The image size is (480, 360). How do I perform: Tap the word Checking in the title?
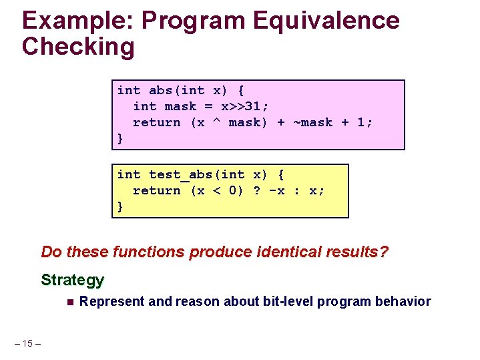click(78, 47)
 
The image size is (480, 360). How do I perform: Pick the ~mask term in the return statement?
click(312, 122)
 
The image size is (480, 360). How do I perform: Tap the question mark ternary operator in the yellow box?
click(257, 190)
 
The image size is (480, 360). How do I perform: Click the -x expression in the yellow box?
click(276, 190)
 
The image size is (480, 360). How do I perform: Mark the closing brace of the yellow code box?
click(120, 206)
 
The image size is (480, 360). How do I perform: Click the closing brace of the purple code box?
click(120, 138)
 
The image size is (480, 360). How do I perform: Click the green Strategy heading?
click(72, 279)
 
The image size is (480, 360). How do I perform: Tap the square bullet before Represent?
click(69, 302)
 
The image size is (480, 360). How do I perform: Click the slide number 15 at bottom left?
click(27, 343)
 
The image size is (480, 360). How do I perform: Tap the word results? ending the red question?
click(361, 252)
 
